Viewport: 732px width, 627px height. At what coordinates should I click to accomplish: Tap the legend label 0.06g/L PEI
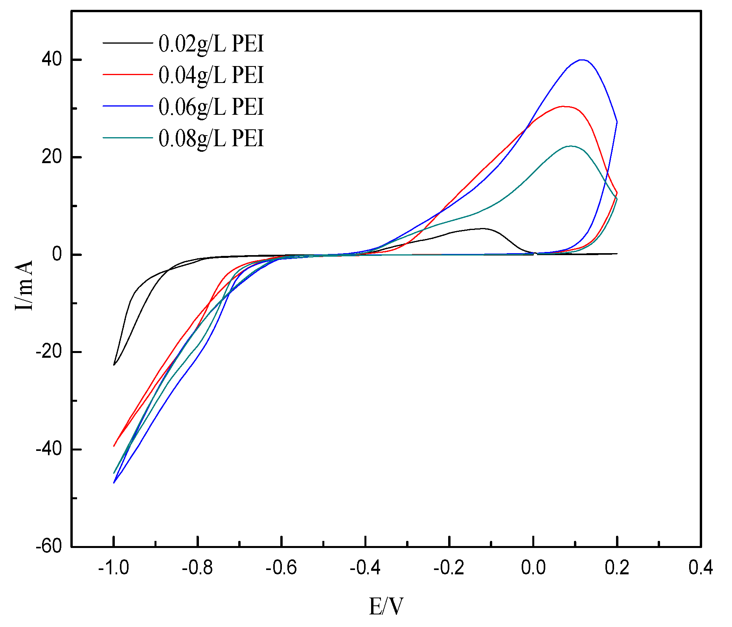pyautogui.click(x=211, y=107)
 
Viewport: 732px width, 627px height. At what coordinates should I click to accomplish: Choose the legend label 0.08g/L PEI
pyautogui.click(x=211, y=138)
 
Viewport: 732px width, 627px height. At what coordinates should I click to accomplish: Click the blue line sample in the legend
pyautogui.click(x=127, y=106)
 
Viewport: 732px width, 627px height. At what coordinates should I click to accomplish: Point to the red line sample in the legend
pyautogui.click(x=127, y=74)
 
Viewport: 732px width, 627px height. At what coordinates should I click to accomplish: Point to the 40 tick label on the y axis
pyautogui.click(x=52, y=60)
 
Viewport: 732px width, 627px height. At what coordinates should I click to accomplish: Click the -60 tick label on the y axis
pyautogui.click(x=49, y=546)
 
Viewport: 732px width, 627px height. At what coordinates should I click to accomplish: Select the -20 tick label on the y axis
pyautogui.click(x=49, y=352)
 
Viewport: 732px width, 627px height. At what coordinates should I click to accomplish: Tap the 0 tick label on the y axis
pyautogui.click(x=57, y=254)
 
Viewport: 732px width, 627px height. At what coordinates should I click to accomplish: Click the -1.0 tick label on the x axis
pyautogui.click(x=114, y=568)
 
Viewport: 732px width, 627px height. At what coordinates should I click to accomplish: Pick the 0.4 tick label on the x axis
pyautogui.click(x=701, y=568)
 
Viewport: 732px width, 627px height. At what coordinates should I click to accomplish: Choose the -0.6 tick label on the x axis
pyautogui.click(x=281, y=568)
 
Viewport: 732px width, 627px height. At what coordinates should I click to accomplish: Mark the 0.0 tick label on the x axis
pyautogui.click(x=533, y=568)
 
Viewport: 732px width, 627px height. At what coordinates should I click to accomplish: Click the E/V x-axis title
pyautogui.click(x=386, y=606)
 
